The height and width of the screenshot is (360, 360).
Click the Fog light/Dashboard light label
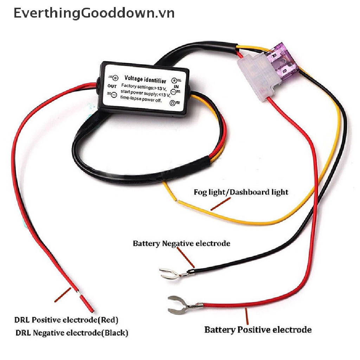click(241, 192)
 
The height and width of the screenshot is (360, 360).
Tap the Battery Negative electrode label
click(181, 243)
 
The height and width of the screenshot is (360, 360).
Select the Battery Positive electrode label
click(258, 330)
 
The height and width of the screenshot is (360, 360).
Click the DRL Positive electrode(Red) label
click(66, 320)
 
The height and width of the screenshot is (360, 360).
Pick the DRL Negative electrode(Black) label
click(72, 333)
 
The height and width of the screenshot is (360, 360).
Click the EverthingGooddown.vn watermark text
click(94, 13)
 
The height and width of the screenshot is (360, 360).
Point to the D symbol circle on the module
click(173, 103)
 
